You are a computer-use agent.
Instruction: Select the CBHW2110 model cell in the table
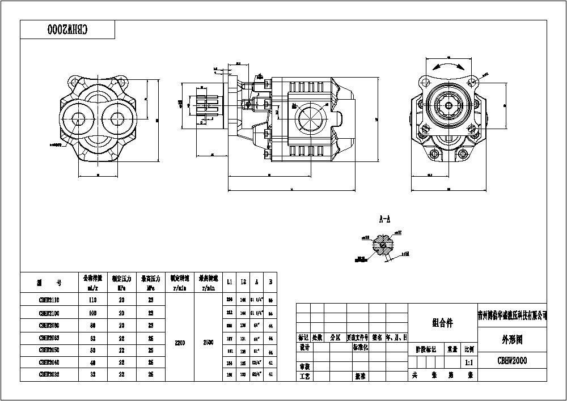pyautogui.click(x=49, y=301)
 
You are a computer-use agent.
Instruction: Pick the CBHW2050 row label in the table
pyautogui.click(x=49, y=350)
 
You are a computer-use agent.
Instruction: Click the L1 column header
pyautogui.click(x=229, y=281)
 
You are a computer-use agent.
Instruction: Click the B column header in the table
pyautogui.click(x=270, y=281)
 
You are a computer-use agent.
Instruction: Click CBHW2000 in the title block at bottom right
pyautogui.click(x=512, y=360)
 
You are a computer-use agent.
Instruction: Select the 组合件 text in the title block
pyautogui.click(x=442, y=323)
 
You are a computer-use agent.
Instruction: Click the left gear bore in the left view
pyautogui.click(x=78, y=118)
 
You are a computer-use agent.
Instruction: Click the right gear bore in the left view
pyautogui.click(x=118, y=118)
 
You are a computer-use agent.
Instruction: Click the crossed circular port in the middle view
pyautogui.click(x=310, y=119)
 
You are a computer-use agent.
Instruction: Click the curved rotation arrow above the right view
pyautogui.click(x=448, y=66)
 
